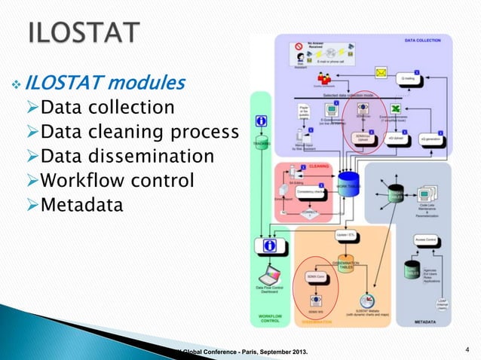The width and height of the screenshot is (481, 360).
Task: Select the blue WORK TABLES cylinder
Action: click(x=348, y=185)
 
